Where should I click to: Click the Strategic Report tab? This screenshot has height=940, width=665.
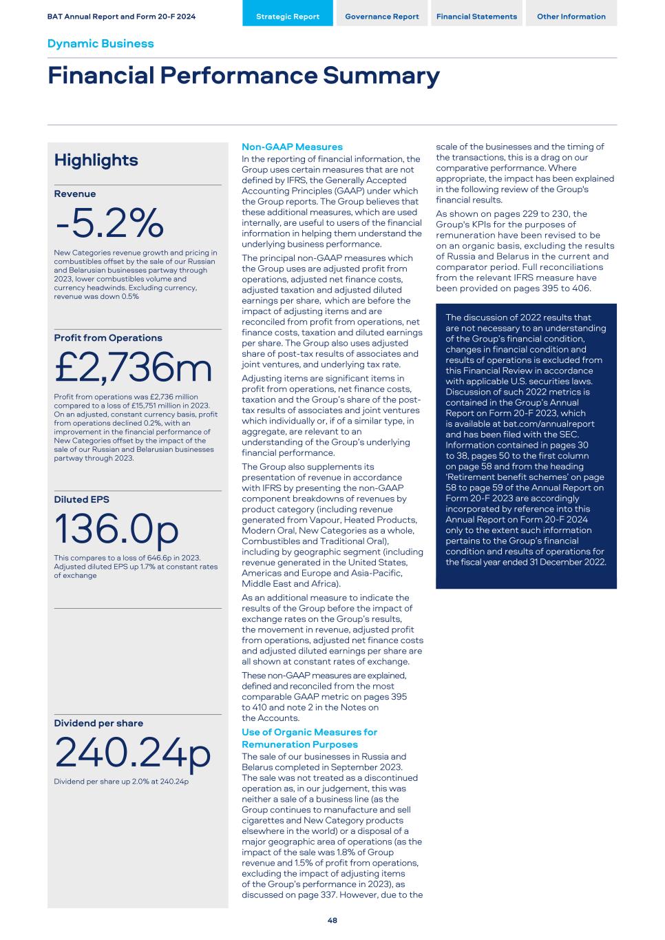(287, 17)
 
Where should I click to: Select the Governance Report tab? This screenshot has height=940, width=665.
(381, 17)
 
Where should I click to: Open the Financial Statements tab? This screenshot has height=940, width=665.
(476, 17)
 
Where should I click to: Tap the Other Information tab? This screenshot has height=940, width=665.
(571, 17)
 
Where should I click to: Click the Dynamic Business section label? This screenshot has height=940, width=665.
(101, 43)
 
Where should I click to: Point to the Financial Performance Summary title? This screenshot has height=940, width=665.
(243, 75)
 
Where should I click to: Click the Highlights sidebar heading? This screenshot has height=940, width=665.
(96, 160)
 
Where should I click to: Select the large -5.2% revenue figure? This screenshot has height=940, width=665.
(109, 222)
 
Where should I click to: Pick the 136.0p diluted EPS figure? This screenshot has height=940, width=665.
(116, 529)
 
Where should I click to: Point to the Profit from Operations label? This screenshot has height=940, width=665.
(108, 338)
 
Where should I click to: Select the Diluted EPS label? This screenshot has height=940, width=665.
(81, 499)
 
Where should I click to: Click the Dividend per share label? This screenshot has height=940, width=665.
(98, 723)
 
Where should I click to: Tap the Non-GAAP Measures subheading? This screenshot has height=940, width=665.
(292, 147)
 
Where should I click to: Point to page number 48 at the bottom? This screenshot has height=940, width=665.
(332, 920)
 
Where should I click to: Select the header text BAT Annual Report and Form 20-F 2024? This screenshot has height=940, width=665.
(121, 17)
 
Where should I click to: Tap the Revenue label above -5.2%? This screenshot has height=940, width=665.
(75, 194)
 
